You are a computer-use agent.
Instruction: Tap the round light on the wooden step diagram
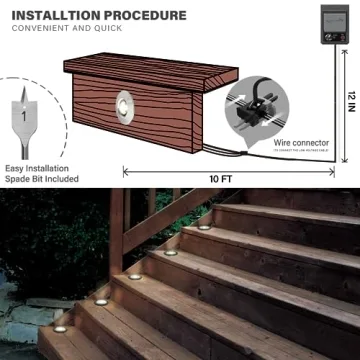coord(125,101)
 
